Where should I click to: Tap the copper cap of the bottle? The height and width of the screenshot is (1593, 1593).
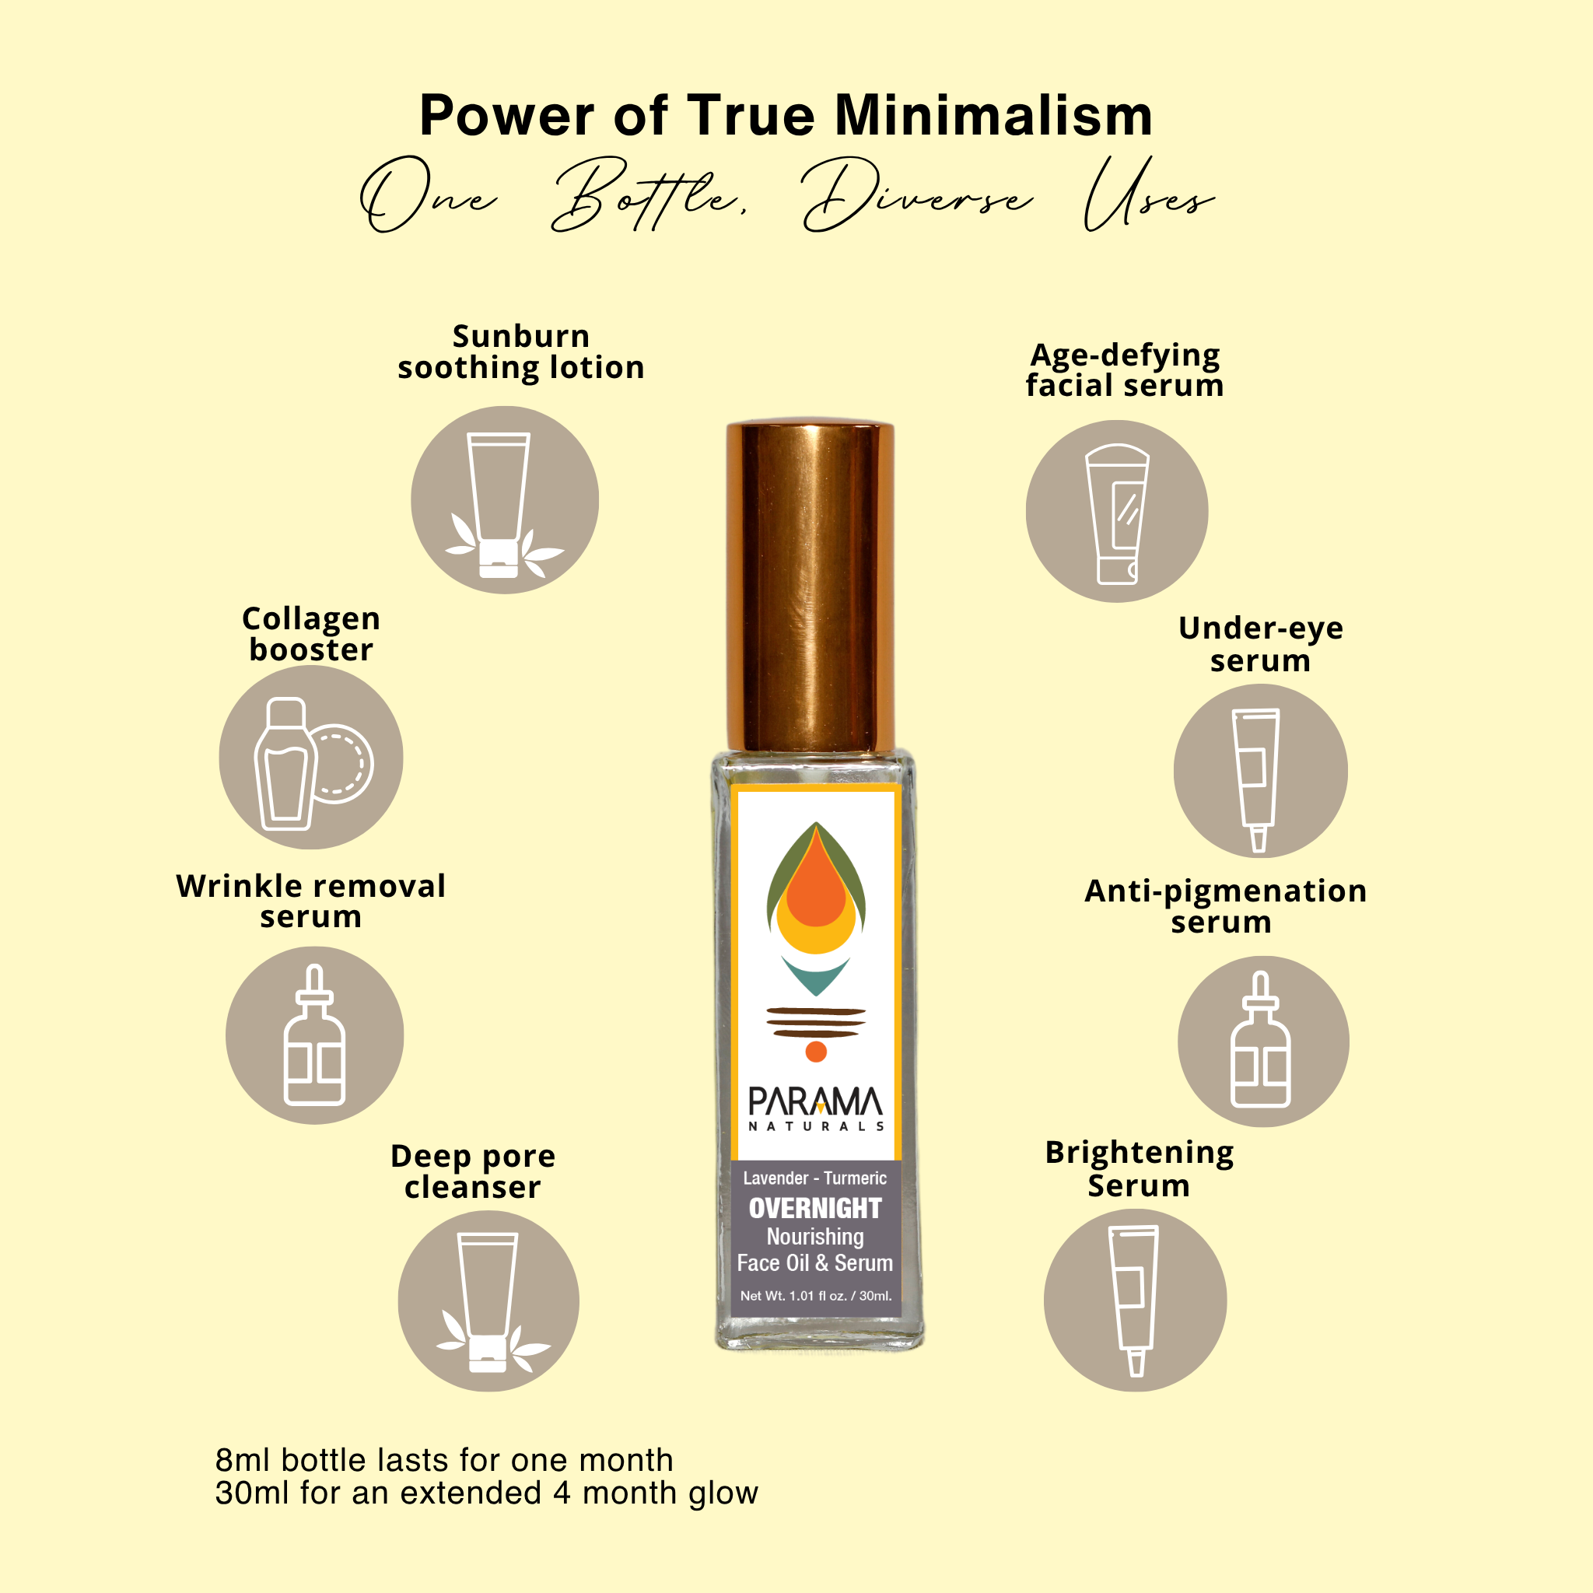coord(810,586)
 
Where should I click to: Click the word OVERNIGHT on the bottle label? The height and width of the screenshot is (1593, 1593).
coord(814,1208)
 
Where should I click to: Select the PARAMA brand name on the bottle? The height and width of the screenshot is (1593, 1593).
coord(814,1102)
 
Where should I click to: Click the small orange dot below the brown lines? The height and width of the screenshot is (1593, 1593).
coord(815,1052)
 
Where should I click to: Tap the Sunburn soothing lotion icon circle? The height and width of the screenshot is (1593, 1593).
coord(505,499)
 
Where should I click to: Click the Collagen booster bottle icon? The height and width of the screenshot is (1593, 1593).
coord(311,757)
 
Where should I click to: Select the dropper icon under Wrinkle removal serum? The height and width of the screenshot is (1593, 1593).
coord(314,1035)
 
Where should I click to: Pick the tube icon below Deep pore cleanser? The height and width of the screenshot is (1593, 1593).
coord(488,1301)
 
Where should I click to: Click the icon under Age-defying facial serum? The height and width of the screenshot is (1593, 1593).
coord(1116,511)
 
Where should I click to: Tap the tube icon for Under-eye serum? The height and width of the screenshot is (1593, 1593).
coord(1260,771)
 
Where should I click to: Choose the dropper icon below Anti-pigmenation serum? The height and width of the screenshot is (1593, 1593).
coord(1262,1041)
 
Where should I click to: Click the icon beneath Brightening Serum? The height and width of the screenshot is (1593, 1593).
coord(1135,1301)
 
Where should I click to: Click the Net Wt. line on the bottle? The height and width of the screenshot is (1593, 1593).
coord(815,1295)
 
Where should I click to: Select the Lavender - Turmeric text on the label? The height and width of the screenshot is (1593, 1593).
coord(814,1178)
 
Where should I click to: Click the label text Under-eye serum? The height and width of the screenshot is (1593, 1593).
coord(1260,644)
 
